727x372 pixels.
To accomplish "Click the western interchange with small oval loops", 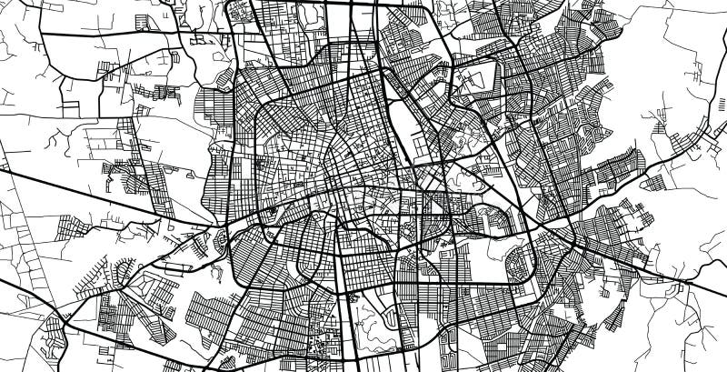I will pyautogui.click(x=220, y=241).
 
